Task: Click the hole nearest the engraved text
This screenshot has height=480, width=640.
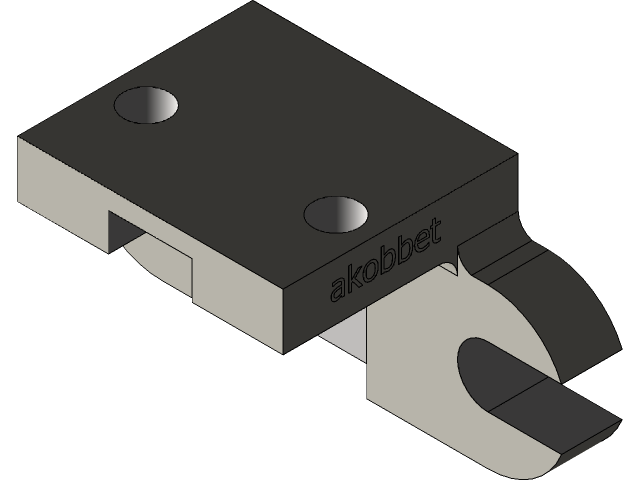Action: click(x=336, y=212)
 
